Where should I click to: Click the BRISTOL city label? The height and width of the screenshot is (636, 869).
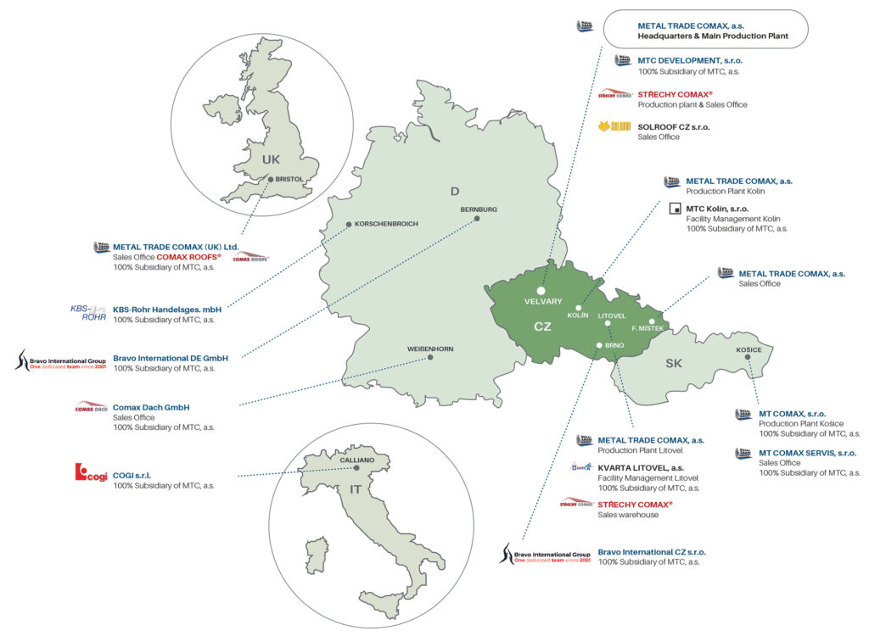coord(289,179)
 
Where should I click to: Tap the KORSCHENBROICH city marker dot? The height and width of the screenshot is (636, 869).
coord(349,225)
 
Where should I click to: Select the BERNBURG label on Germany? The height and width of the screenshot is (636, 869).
coord(479,209)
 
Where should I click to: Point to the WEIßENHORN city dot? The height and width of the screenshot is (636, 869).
coord(430,357)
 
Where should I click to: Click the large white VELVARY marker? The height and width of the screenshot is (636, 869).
coord(541,291)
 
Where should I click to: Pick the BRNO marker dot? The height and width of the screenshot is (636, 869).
coord(599,345)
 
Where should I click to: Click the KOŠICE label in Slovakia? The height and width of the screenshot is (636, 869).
coord(748,349)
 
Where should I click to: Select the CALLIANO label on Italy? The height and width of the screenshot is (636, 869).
coord(356,459)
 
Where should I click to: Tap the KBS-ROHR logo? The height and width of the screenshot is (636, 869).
coord(88,313)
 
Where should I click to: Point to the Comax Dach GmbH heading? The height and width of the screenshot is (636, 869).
coord(151,407)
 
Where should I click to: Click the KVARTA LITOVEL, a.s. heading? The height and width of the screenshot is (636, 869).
coord(652,467)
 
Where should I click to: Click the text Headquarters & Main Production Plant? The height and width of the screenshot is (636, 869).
coord(713,36)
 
